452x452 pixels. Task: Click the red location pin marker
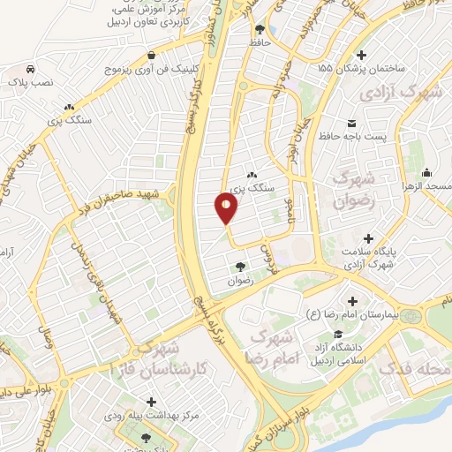227,207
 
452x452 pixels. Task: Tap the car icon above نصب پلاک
31,68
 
